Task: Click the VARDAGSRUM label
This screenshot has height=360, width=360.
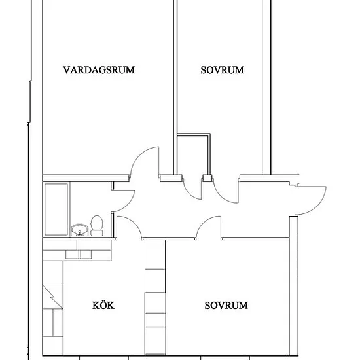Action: coord(99,70)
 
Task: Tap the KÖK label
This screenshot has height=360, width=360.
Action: coord(103,305)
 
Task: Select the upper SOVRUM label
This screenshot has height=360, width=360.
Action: coord(223,70)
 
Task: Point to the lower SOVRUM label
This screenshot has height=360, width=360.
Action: coord(226,306)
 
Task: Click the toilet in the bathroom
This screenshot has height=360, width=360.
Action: coord(97,226)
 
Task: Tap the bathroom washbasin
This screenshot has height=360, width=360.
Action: coord(79,230)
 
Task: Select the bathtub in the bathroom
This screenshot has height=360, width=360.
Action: coord(56,209)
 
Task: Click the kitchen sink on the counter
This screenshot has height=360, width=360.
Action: coord(79,255)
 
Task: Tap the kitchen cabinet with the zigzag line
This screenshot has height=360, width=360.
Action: coord(52,297)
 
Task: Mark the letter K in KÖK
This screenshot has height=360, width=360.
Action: coord(96,306)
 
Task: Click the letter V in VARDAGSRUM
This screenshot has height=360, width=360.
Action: coord(67,70)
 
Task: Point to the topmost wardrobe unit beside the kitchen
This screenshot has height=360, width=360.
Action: coord(155,255)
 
